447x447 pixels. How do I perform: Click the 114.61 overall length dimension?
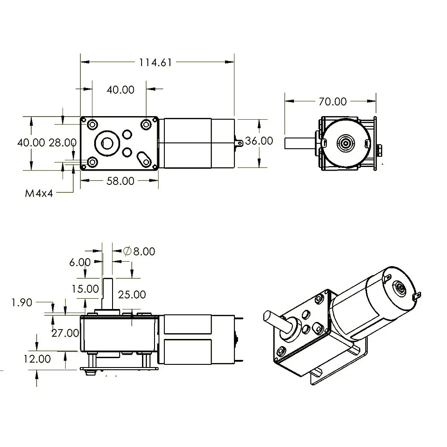click(x=155, y=63)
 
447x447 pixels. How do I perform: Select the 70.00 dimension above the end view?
click(x=333, y=101)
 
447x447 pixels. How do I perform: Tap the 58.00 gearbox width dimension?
click(x=120, y=181)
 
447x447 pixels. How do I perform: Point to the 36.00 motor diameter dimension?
click(x=259, y=141)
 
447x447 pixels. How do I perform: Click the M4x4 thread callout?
click(x=39, y=193)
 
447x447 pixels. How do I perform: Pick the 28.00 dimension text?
click(x=63, y=142)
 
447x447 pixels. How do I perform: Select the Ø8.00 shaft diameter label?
click(x=139, y=251)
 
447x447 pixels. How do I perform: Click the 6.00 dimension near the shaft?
click(x=80, y=262)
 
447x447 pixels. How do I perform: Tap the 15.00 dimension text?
click(x=85, y=289)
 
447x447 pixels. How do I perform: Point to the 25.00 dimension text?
click(x=132, y=294)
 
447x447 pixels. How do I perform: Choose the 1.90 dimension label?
click(x=22, y=302)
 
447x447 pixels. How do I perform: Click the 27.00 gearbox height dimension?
click(x=65, y=333)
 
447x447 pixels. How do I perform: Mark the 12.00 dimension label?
click(x=37, y=359)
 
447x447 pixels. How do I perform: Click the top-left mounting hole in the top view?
click(x=92, y=124)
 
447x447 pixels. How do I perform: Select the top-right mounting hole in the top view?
click(x=146, y=124)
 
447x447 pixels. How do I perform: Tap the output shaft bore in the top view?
click(x=107, y=143)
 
